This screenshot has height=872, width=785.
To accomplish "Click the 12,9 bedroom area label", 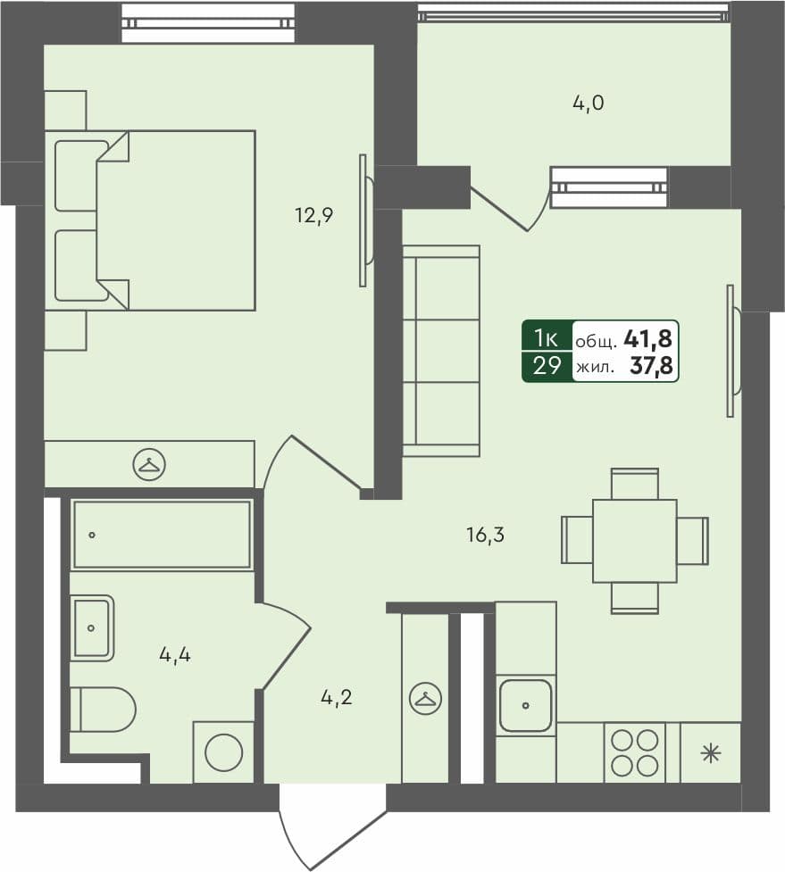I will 314,214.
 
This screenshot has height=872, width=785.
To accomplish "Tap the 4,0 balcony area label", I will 589,103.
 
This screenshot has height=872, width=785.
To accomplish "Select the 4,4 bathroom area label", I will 175,655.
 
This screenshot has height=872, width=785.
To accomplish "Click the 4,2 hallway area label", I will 336,697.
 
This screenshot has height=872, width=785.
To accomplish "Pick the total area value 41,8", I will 648,338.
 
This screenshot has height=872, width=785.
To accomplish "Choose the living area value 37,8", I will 652,365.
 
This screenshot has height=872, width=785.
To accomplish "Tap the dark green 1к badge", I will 547,337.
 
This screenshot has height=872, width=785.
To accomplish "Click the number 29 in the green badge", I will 547,365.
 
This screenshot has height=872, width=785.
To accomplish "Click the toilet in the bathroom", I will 102,710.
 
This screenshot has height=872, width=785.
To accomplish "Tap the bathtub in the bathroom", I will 162,535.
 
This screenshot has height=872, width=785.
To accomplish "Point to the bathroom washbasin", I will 92,627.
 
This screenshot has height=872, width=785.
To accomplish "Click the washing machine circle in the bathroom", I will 223,752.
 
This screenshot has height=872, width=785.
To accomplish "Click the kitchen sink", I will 525,705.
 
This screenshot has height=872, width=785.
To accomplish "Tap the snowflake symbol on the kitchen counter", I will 710,753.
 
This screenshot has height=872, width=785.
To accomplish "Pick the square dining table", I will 634,541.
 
